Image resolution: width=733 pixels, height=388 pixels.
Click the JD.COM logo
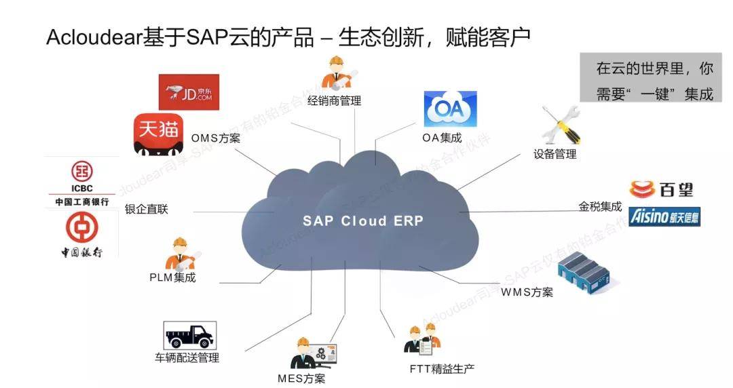[189, 92]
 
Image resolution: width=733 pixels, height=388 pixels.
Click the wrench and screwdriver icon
[559, 125]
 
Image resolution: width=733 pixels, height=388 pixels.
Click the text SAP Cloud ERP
[362, 221]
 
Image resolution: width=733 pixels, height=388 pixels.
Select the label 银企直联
[146, 209]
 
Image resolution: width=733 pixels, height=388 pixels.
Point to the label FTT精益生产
[441, 369]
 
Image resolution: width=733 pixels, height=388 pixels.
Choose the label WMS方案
[527, 292]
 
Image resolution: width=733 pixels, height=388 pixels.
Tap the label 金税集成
[600, 206]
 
